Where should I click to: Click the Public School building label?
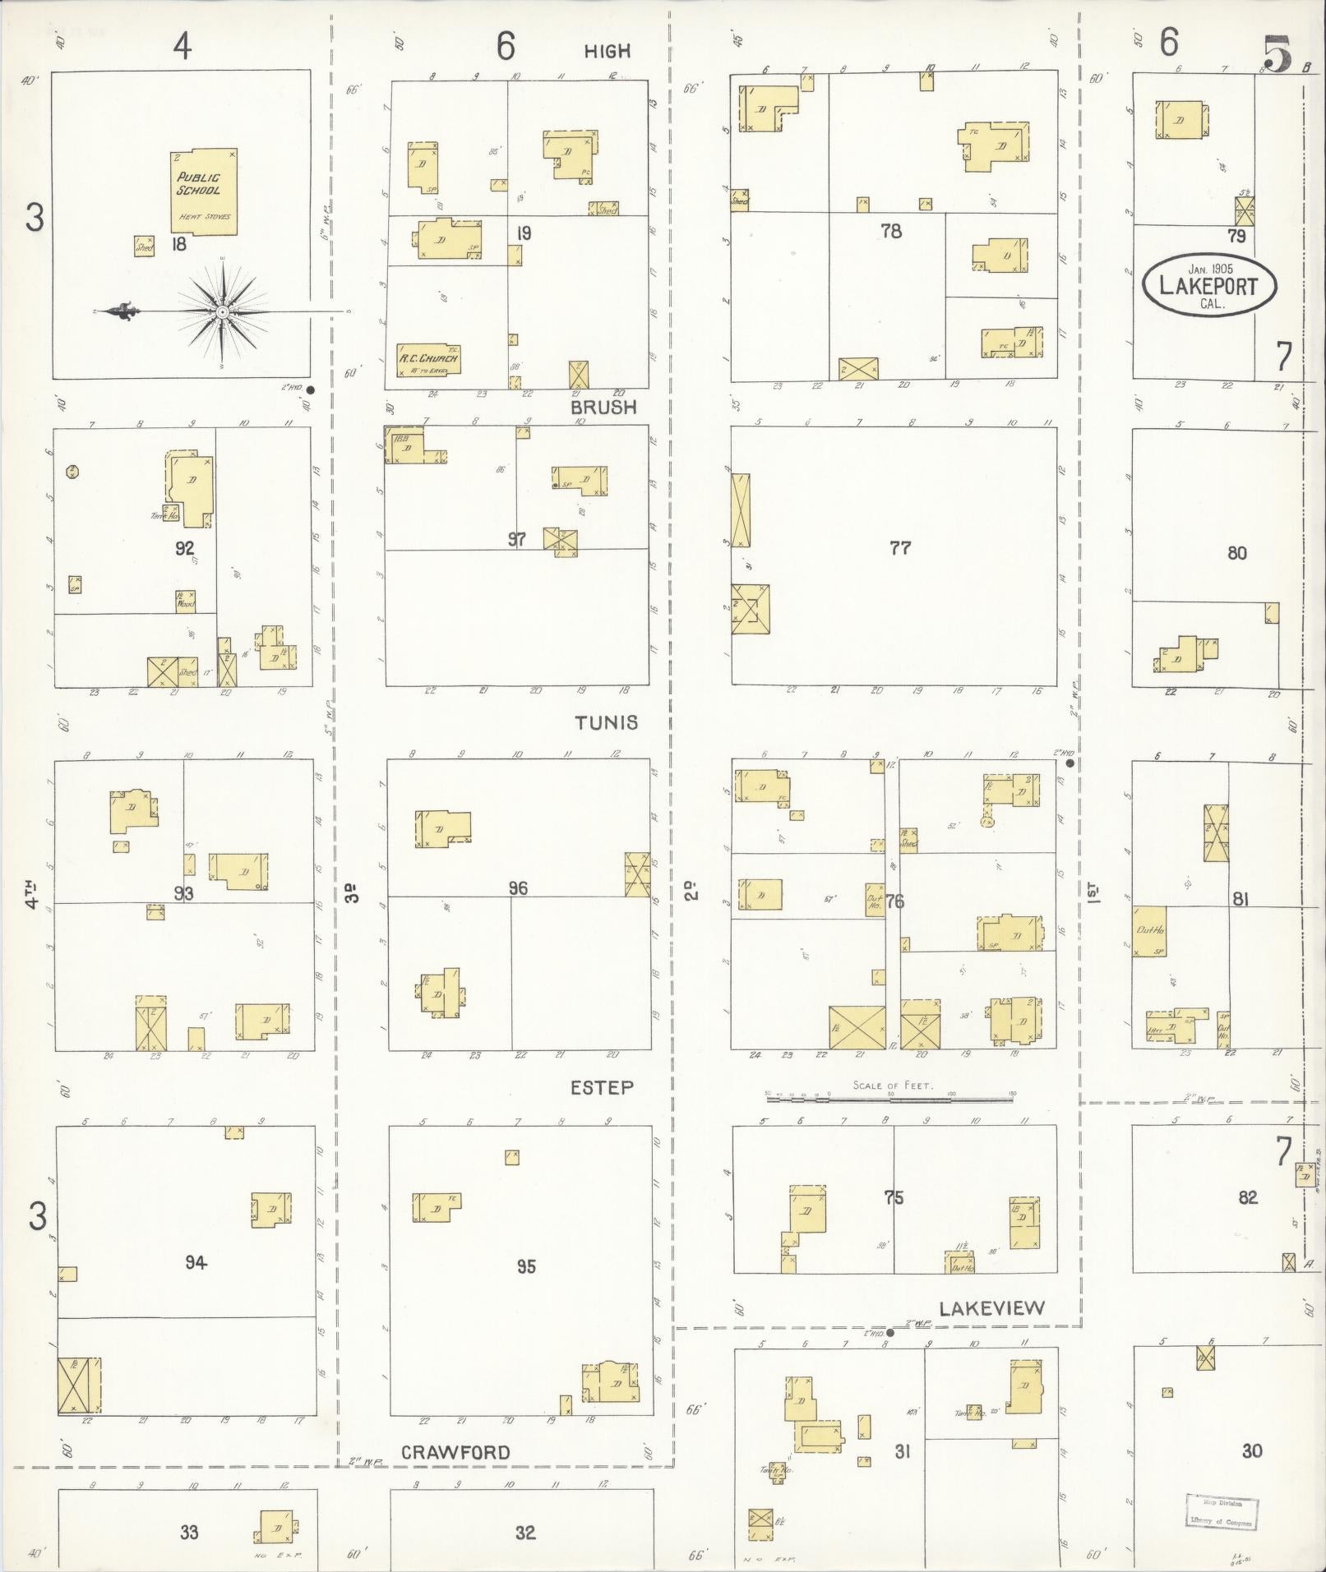[199, 183]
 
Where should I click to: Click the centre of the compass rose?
[222, 312]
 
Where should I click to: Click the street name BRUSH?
[603, 407]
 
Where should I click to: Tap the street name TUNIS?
[606, 722]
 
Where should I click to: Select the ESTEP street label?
[602, 1087]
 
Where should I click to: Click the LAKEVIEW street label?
[991, 1308]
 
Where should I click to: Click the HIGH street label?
[607, 51]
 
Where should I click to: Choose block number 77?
[900, 547]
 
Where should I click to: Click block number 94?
[196, 1263]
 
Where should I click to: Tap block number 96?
[518, 888]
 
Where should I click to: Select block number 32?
[525, 1532]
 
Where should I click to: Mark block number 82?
[1248, 1197]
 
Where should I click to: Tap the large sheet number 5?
[1277, 55]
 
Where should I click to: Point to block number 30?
[1251, 1451]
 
